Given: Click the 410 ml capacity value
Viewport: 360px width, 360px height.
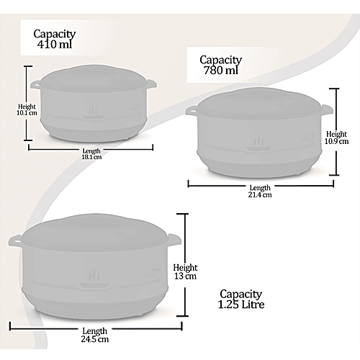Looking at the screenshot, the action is (55, 45).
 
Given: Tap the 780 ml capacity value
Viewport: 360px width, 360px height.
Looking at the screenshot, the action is (221, 71).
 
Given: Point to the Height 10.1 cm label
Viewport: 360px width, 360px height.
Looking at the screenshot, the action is (27, 109).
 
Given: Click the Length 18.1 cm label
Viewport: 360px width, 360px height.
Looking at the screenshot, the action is (91, 154).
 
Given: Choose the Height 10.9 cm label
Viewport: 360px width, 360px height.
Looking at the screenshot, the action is (336, 138).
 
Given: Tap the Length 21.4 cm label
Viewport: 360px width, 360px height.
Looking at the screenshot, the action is (260, 191).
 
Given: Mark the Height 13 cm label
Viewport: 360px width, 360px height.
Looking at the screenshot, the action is (185, 271).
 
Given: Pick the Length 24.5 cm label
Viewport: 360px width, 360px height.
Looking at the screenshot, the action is (95, 335).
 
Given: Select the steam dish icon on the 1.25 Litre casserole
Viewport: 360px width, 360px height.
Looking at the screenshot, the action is (94, 279).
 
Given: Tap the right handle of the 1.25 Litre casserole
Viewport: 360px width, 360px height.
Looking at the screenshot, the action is (174, 240).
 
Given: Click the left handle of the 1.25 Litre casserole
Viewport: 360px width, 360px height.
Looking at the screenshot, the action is (15, 240).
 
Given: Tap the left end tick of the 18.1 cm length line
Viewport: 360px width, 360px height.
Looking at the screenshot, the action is (29, 147).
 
